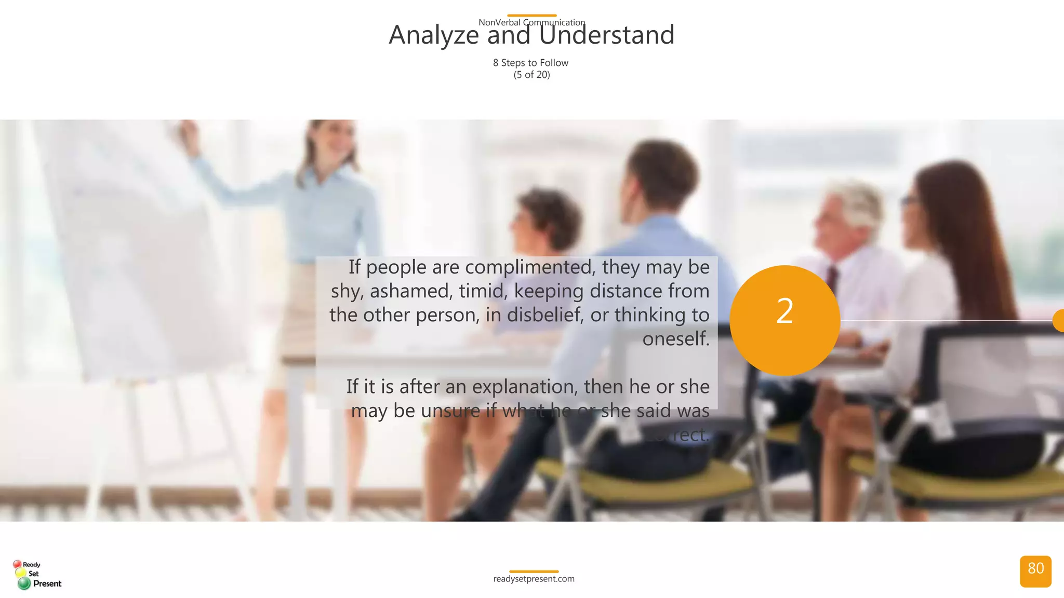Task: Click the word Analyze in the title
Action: (434, 36)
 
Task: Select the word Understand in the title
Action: (606, 36)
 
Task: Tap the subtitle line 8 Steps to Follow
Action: (530, 63)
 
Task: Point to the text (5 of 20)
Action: (531, 75)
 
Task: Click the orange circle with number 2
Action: (784, 320)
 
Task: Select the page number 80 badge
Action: (1035, 571)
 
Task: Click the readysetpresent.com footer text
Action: (534, 579)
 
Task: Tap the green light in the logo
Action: (24, 583)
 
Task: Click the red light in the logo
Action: (17, 564)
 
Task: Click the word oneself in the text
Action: (675, 339)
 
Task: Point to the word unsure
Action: (450, 411)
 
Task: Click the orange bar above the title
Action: (531, 16)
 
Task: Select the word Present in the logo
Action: (47, 583)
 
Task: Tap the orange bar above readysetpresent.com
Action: (534, 572)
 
